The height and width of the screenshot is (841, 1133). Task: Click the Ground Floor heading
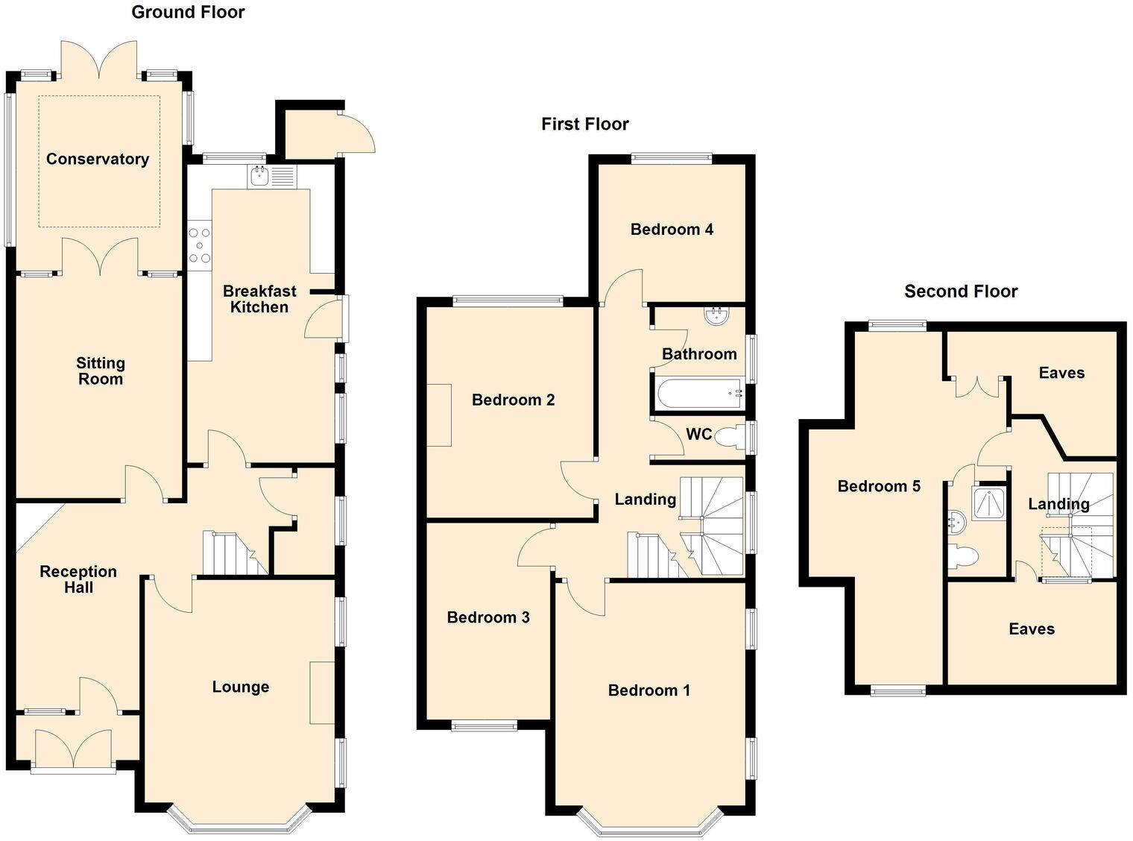click(188, 12)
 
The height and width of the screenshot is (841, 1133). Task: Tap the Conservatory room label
click(98, 159)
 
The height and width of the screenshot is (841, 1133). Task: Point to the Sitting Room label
click(101, 371)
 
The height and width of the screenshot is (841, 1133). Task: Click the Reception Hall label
click(78, 579)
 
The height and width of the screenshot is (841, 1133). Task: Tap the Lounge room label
click(240, 687)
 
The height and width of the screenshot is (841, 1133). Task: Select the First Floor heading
click(585, 124)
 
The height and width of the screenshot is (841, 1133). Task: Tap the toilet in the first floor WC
click(727, 438)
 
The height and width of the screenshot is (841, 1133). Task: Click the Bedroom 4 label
click(672, 229)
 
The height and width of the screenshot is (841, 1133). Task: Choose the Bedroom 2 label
click(513, 400)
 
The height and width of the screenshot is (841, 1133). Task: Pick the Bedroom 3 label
click(488, 617)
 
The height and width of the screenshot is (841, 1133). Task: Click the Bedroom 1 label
click(648, 690)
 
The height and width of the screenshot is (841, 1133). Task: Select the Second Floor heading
click(961, 292)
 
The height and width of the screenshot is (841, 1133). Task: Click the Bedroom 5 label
click(879, 486)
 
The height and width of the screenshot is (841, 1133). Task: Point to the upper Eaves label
click(1061, 373)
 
